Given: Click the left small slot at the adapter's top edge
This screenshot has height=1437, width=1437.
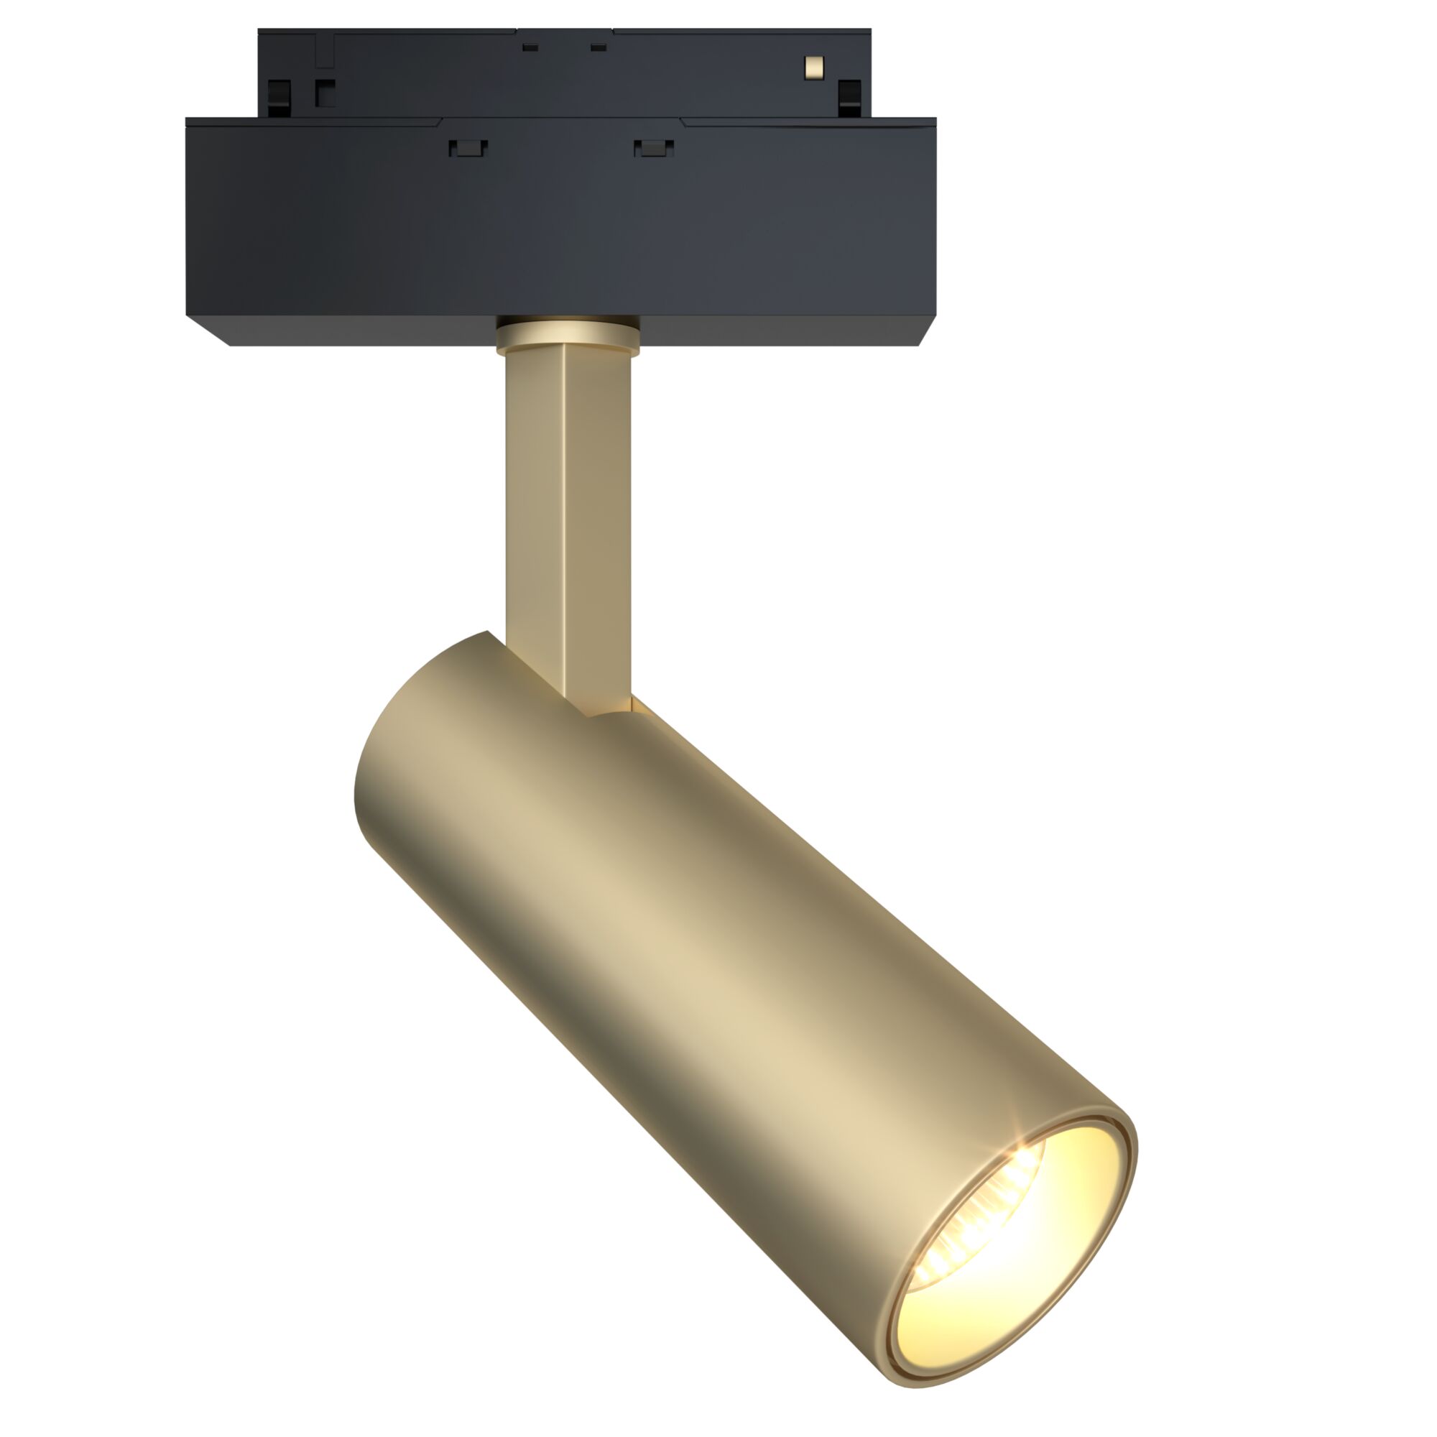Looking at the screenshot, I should click(530, 47).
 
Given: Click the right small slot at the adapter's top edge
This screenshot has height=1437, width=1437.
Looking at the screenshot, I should click(598, 47).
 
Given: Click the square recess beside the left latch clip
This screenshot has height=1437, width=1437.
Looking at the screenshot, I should click(325, 93).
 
